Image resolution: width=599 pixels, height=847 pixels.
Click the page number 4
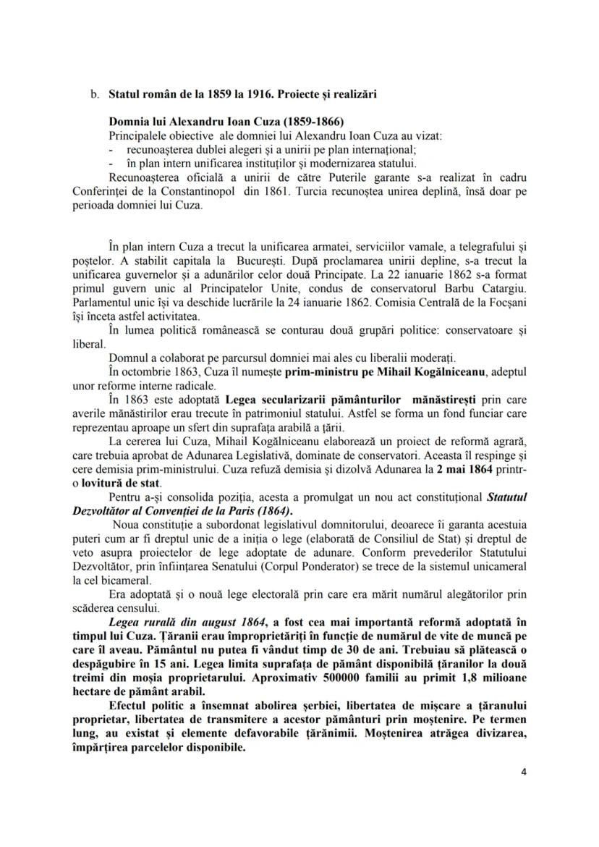click(x=523, y=772)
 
